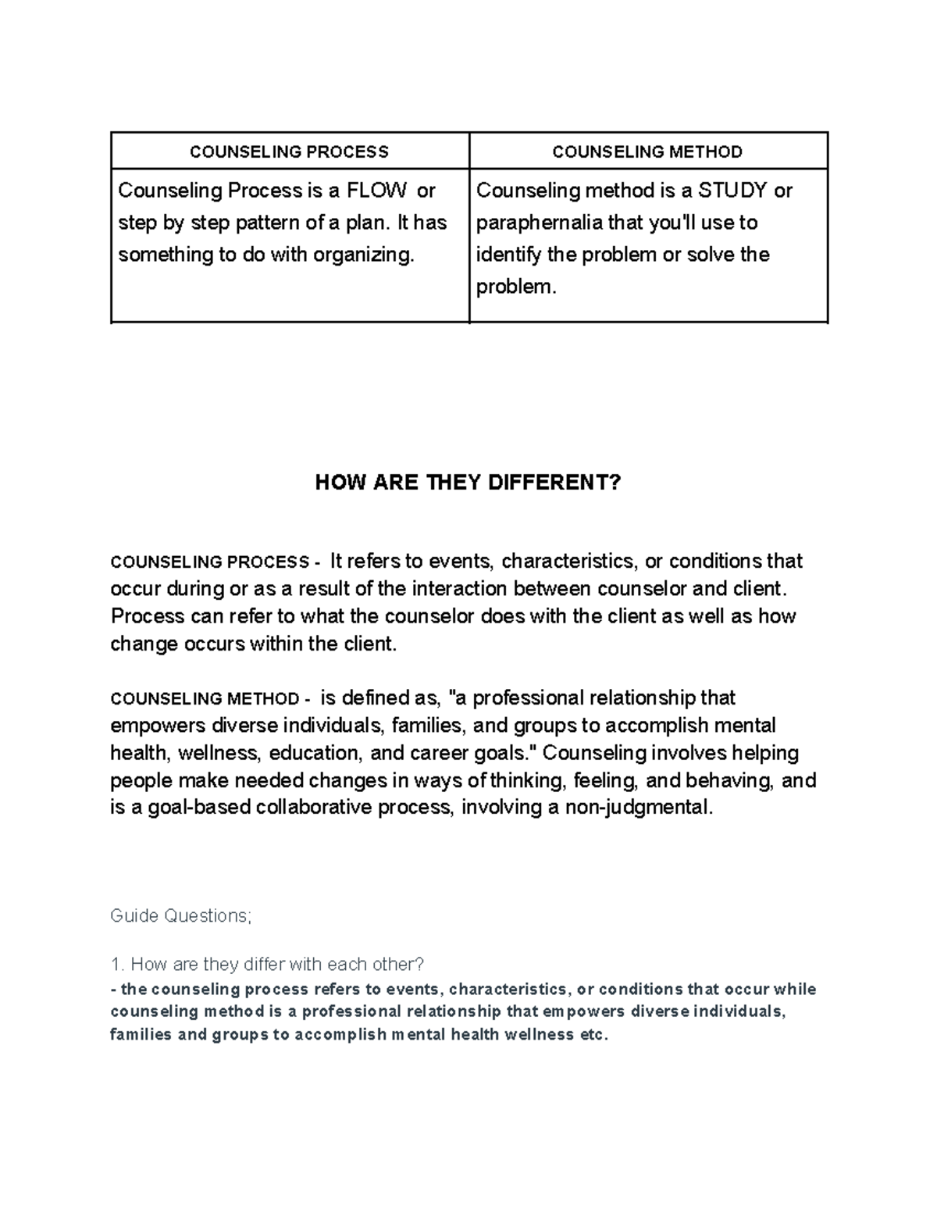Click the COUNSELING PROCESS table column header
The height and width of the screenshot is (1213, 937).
[289, 152]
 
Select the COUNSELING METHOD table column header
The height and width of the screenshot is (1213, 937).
[647, 152]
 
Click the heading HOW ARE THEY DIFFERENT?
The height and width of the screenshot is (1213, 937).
[468, 483]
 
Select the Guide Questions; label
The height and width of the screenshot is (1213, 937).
[181, 915]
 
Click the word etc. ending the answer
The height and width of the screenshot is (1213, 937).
[593, 1036]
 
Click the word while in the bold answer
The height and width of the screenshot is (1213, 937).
[794, 990]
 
